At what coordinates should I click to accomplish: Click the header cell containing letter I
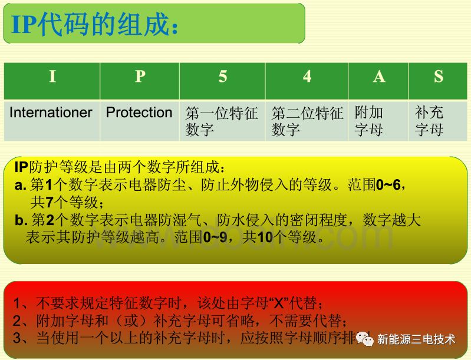pos(52,78)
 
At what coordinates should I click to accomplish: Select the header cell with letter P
pos(140,78)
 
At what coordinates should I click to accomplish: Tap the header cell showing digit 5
pos(222,78)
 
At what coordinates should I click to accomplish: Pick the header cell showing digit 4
pos(307,78)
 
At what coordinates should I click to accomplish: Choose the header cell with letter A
pos(378,78)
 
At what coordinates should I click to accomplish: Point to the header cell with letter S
pos(438,78)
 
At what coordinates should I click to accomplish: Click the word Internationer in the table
pos(51,113)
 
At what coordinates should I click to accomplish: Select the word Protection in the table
pos(139,113)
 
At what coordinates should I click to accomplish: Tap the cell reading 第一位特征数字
pos(222,121)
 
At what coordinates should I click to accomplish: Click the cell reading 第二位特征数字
pos(307,121)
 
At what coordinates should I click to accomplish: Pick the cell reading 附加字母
pos(369,121)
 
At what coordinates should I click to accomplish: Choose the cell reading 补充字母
pos(429,121)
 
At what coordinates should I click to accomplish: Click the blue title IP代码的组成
pos(94,25)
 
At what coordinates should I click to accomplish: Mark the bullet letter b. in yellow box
pos(22,221)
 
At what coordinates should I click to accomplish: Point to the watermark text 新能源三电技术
pos(416,340)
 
